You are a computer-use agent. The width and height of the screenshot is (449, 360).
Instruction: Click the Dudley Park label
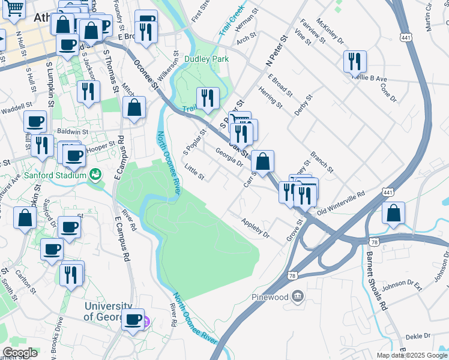(207, 59)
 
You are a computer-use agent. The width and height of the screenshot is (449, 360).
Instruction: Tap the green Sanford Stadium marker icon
(94, 175)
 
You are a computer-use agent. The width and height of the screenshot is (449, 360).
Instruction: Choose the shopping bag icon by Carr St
(262, 161)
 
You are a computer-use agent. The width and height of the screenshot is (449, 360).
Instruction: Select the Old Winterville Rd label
(341, 203)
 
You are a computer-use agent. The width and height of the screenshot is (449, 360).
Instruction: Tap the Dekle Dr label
(418, 336)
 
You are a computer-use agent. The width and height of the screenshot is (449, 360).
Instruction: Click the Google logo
(19, 353)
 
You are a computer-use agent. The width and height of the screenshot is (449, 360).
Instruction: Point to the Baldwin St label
(73, 131)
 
